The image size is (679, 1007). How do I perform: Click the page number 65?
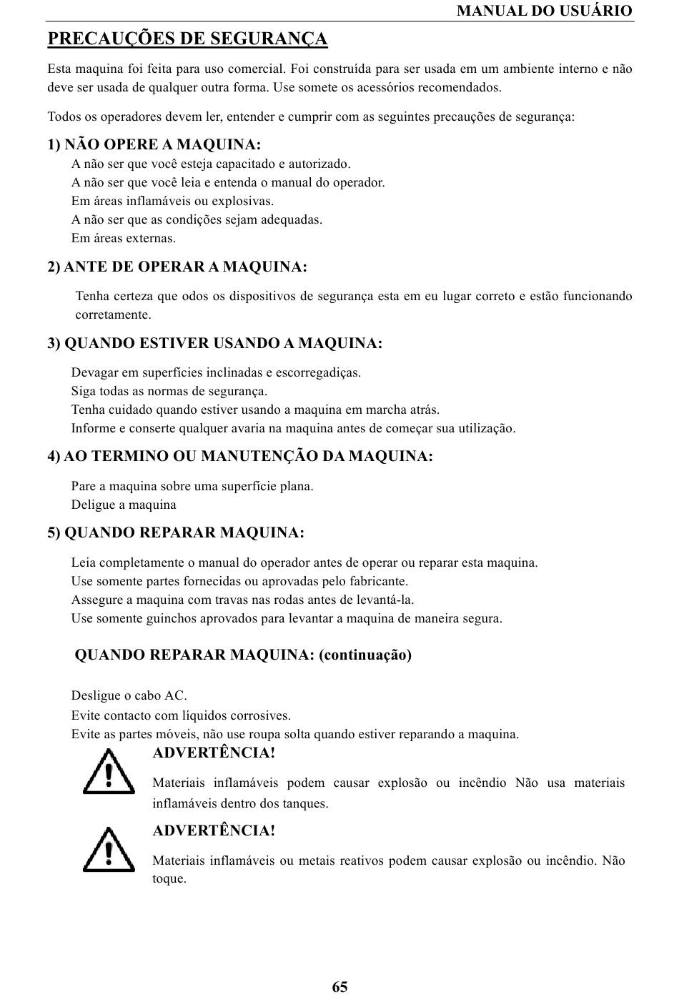(339, 987)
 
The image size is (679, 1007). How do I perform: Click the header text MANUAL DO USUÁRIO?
(544, 11)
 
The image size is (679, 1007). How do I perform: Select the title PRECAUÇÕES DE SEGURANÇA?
(187, 39)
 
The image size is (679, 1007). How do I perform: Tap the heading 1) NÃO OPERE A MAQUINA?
(154, 145)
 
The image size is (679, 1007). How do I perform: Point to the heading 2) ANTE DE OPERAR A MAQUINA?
(177, 267)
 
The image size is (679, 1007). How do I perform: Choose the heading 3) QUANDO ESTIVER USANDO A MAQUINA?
(215, 344)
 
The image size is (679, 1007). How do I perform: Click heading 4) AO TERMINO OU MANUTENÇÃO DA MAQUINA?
(240, 457)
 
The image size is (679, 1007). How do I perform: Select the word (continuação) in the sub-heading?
(365, 655)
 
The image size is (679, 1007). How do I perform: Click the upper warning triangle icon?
(109, 772)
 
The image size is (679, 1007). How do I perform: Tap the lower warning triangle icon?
(109, 850)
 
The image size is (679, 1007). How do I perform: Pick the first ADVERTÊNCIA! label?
(214, 753)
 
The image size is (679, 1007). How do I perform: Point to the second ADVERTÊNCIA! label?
(214, 830)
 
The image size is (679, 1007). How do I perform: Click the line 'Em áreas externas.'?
(124, 239)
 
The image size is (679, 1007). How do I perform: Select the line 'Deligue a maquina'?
(124, 505)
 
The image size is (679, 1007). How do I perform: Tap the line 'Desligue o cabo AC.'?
(129, 696)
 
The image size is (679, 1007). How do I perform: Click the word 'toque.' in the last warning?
(169, 879)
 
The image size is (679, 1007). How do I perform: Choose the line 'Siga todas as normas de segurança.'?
(169, 392)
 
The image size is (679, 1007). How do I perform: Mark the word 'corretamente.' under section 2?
(114, 315)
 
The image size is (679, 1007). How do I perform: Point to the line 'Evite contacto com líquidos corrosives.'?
(181, 715)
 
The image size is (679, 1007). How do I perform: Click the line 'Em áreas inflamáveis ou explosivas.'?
(172, 202)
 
